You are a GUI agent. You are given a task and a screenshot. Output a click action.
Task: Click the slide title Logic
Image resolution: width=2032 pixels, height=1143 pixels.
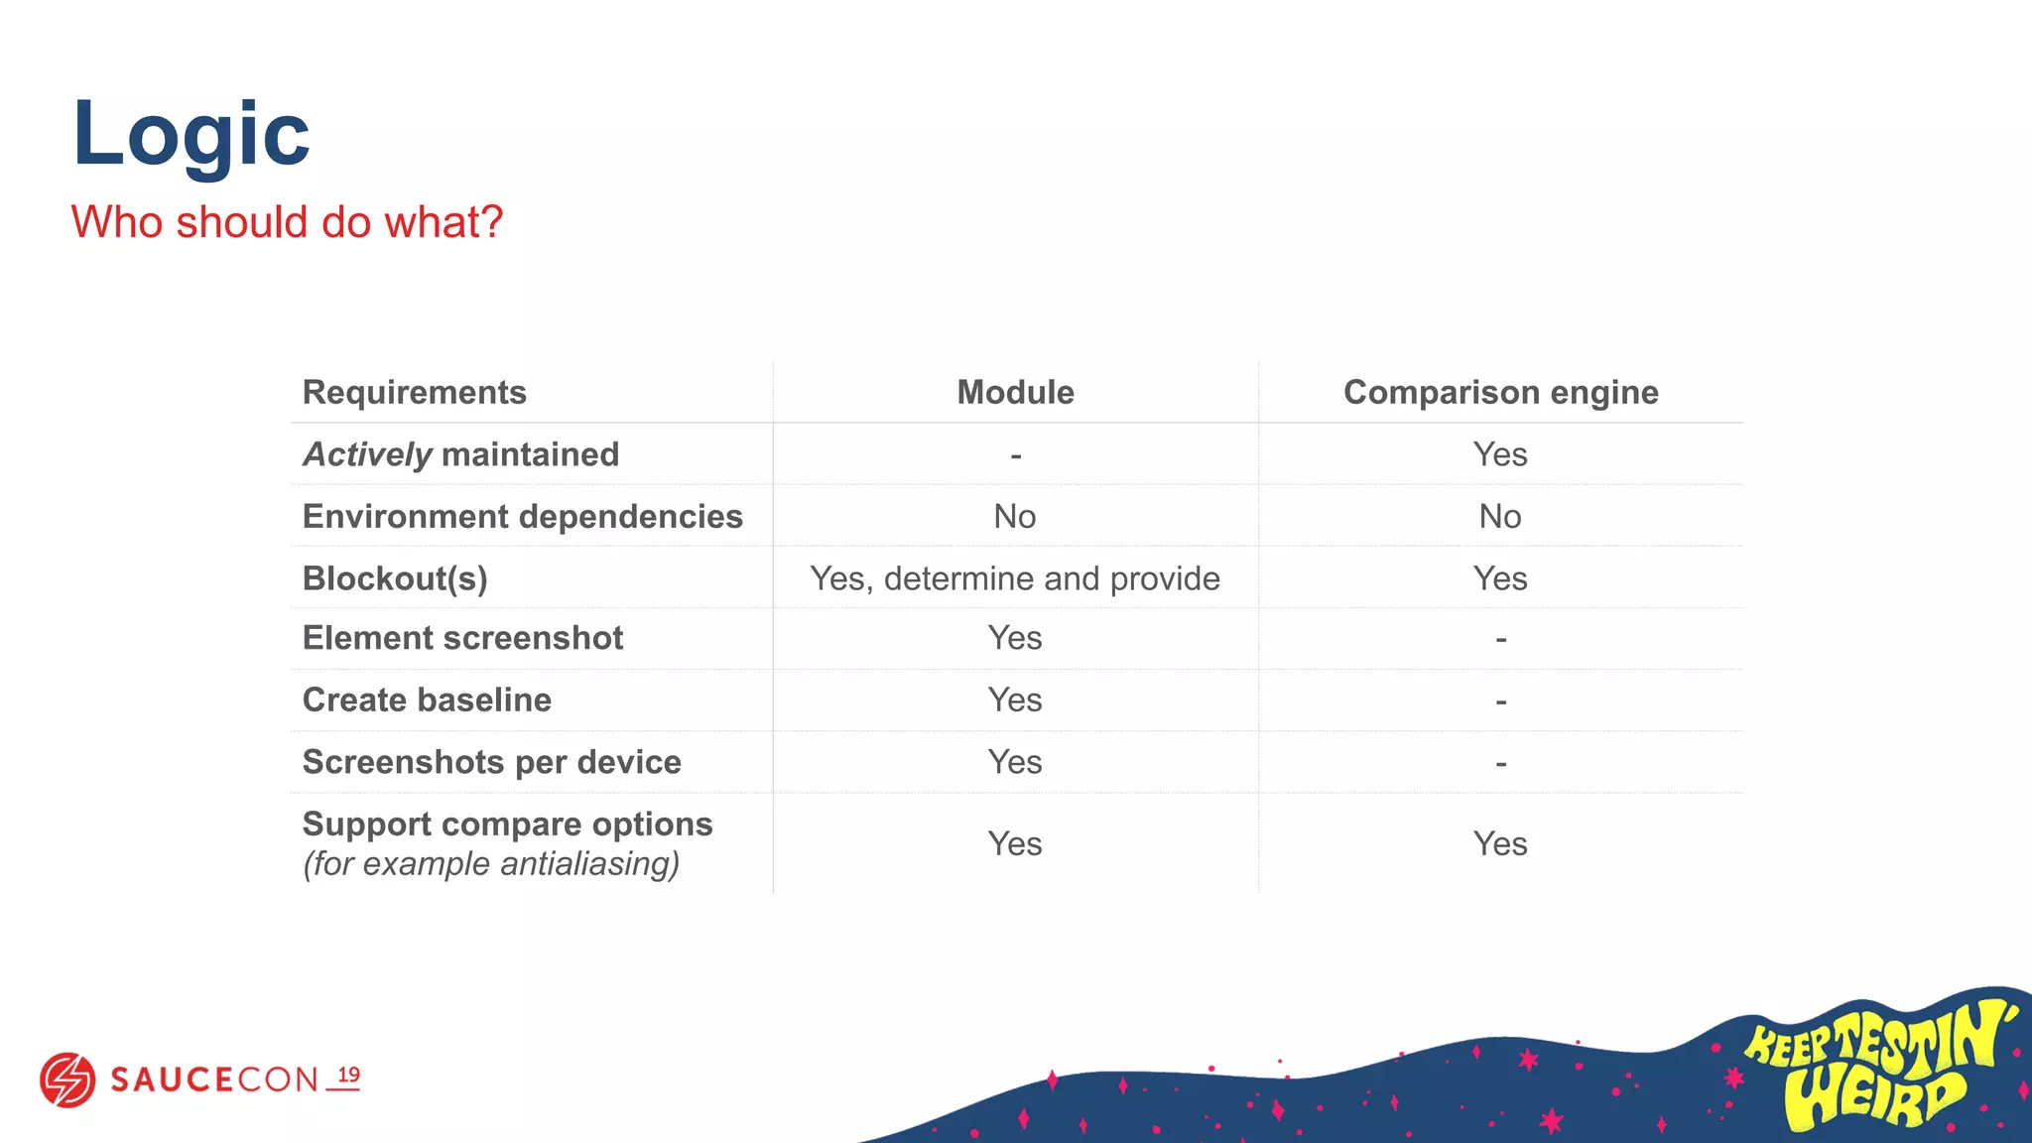[x=190, y=134]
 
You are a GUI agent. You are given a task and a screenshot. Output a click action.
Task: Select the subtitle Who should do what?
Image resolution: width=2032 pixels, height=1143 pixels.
[x=287, y=221]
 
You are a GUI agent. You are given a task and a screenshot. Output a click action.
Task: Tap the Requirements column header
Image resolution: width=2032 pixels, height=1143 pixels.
[x=414, y=392]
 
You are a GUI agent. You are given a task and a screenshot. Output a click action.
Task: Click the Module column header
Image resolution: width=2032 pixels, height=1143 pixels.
[x=1015, y=392]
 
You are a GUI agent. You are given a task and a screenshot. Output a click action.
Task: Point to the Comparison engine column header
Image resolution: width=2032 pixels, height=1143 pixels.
[x=1500, y=392]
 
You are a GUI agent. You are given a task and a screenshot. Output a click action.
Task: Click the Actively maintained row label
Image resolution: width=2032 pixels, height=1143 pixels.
[x=460, y=454]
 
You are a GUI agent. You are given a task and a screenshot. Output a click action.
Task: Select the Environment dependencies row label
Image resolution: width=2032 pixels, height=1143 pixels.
[x=522, y=516]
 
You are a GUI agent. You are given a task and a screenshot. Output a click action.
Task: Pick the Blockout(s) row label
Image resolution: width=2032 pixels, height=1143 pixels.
[x=395, y=578]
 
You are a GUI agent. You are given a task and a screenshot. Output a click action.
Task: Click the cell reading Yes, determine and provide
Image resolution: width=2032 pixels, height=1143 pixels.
[x=1015, y=578]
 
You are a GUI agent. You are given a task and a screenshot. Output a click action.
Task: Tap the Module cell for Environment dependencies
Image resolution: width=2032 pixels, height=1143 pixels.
[x=1015, y=516]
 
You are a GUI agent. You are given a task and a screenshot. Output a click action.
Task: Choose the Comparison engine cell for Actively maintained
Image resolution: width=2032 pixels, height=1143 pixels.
[x=1500, y=454]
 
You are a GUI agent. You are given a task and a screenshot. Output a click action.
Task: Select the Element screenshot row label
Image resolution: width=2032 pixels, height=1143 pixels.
[x=462, y=638]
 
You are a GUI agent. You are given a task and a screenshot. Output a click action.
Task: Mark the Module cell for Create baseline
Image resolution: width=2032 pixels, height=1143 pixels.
[x=1015, y=699]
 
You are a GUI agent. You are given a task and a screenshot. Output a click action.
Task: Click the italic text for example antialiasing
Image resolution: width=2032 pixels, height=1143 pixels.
[x=491, y=864]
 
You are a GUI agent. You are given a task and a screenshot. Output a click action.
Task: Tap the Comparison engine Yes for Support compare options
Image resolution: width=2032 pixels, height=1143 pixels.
[x=1500, y=843]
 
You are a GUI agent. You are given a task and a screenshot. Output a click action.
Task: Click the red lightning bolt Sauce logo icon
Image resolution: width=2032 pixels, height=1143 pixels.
[x=67, y=1079]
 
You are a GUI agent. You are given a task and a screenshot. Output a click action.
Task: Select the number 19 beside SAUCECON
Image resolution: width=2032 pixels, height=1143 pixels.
[x=348, y=1076]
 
